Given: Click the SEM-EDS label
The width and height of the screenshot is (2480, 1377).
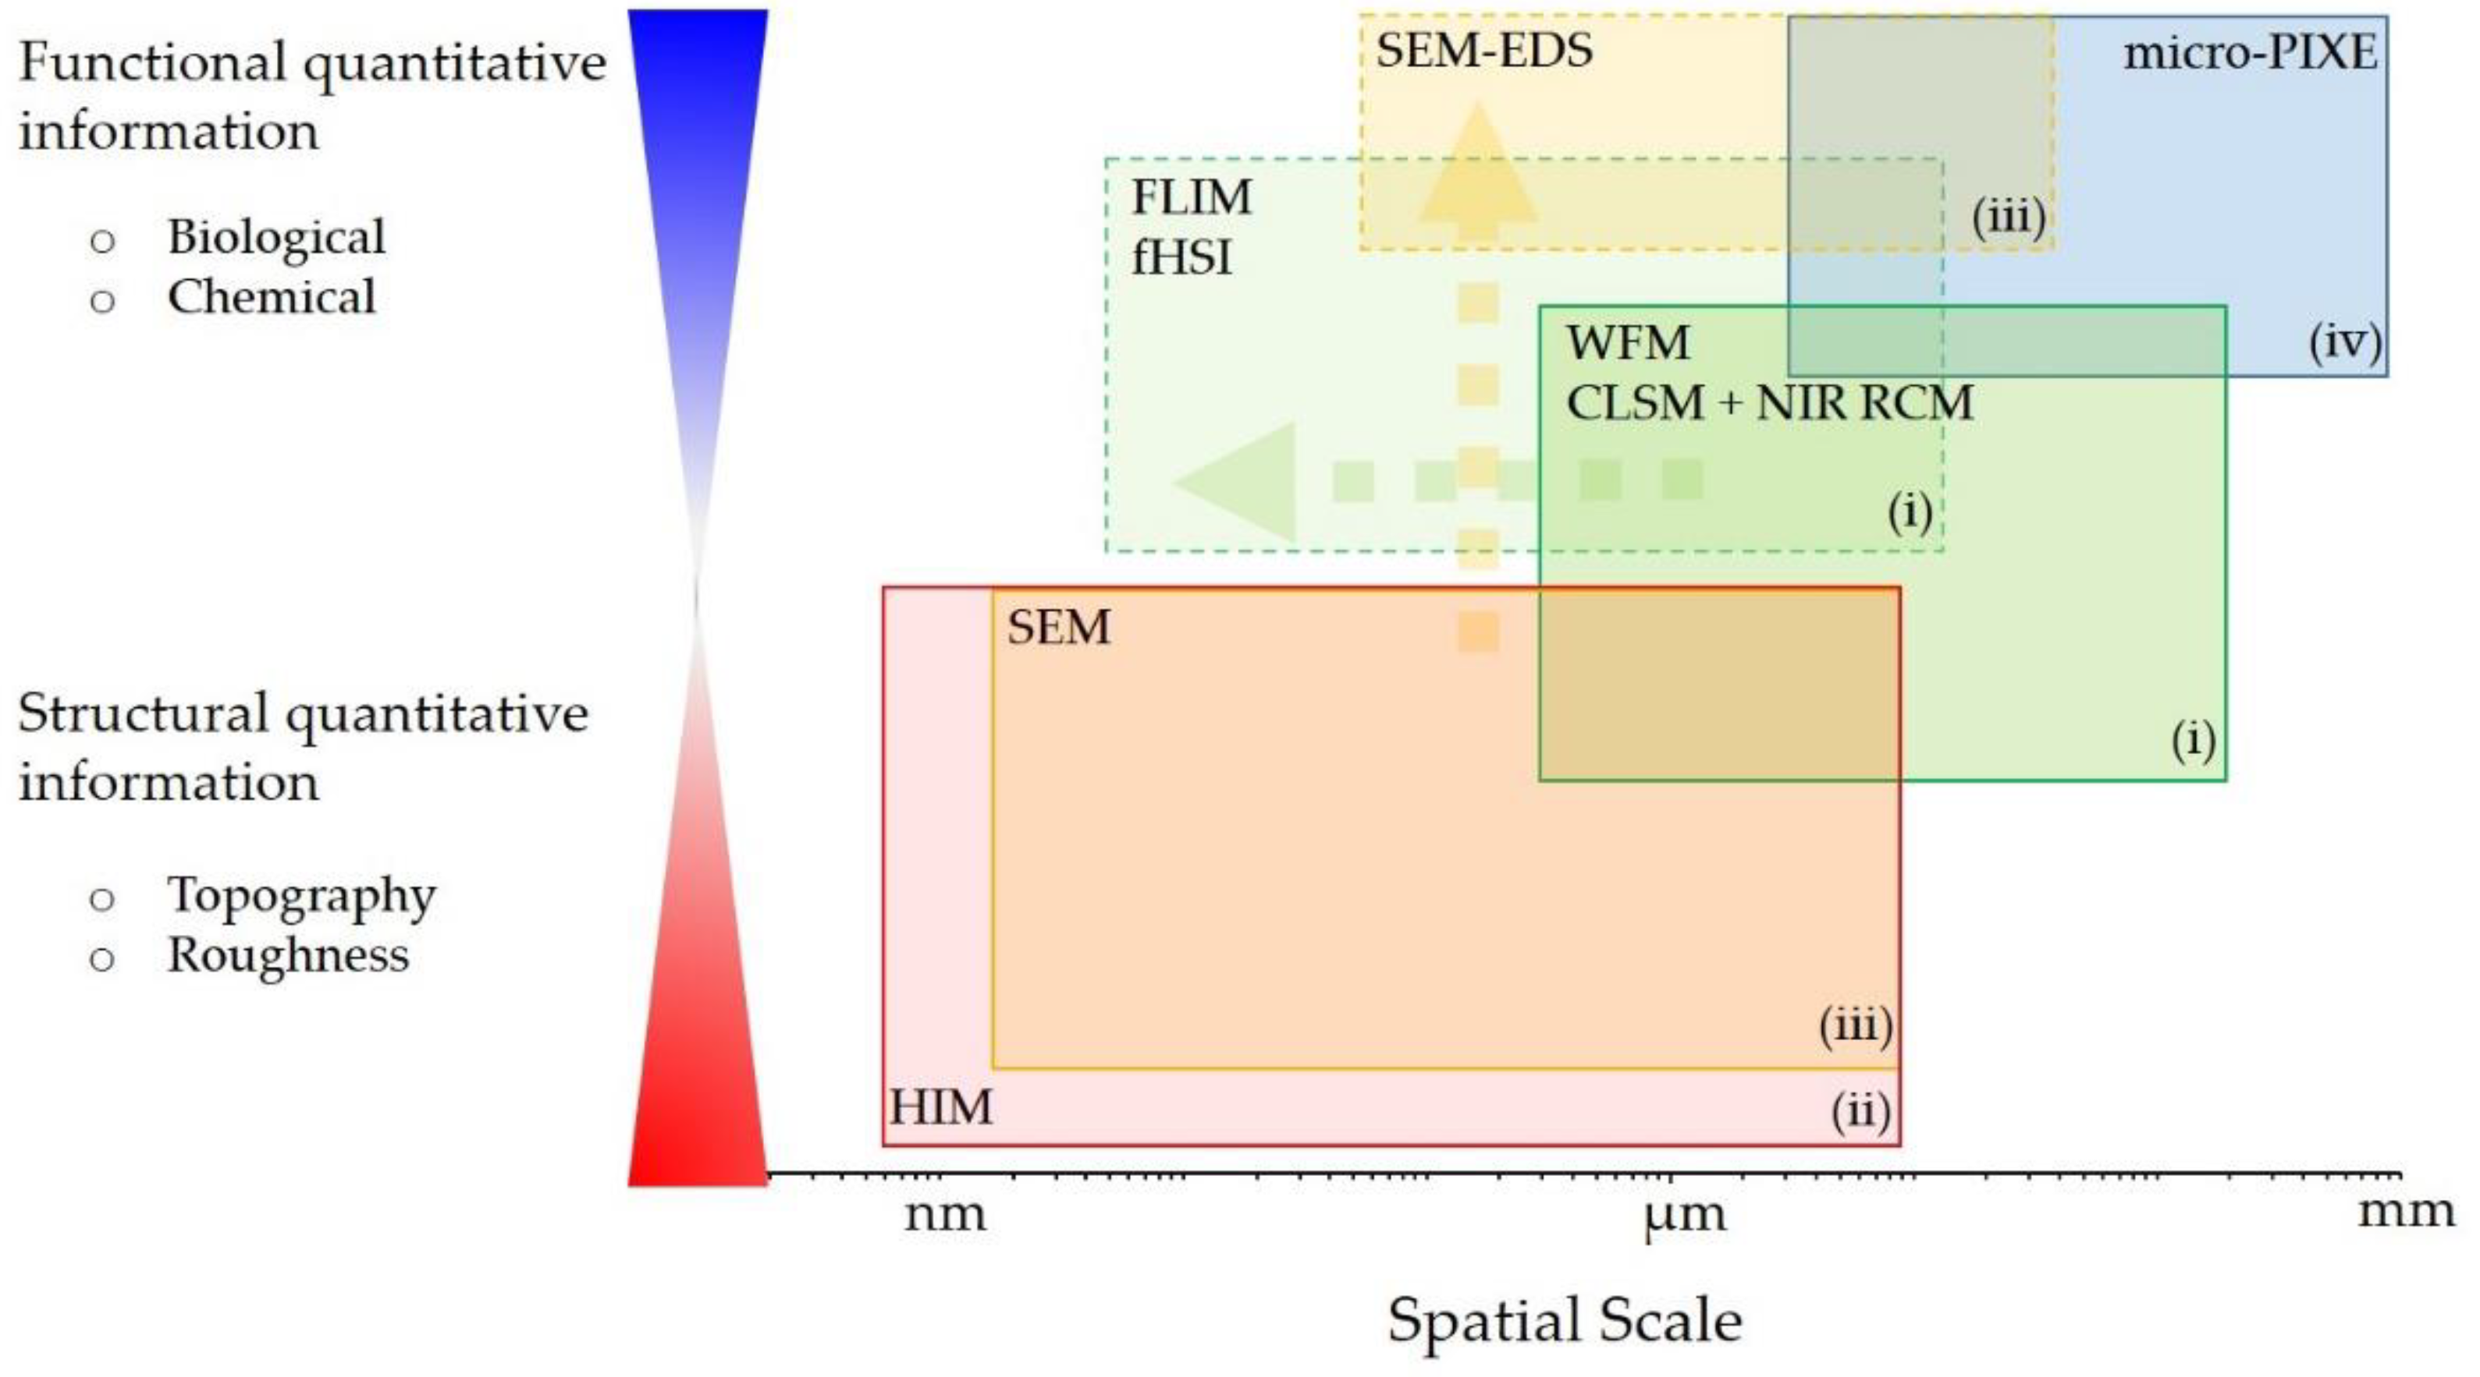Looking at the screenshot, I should tap(1483, 50).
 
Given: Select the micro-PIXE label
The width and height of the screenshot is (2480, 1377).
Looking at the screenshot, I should tap(2250, 53).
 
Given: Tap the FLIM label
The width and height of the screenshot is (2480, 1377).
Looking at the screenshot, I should tap(1191, 197).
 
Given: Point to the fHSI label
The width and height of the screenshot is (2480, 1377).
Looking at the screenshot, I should tap(1181, 258).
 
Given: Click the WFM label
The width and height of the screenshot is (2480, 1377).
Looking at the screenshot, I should tap(1627, 342).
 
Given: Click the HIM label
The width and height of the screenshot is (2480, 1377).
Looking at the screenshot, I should tap(940, 1106).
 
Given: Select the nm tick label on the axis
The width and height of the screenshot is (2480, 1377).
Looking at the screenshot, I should tap(944, 1214).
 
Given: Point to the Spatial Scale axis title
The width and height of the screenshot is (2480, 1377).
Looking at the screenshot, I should tap(1565, 1319).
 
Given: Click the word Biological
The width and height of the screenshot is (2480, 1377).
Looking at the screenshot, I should tap(276, 237).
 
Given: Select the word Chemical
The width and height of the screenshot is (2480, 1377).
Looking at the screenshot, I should tap(272, 296).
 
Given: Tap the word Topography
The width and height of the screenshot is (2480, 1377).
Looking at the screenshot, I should tap(301, 897).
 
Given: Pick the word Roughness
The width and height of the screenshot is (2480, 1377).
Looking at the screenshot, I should tap(288, 955).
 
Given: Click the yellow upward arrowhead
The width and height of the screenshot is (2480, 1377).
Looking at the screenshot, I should tap(1476, 168).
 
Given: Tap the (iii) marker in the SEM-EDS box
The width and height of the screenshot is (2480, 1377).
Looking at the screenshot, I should tap(2008, 218).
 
